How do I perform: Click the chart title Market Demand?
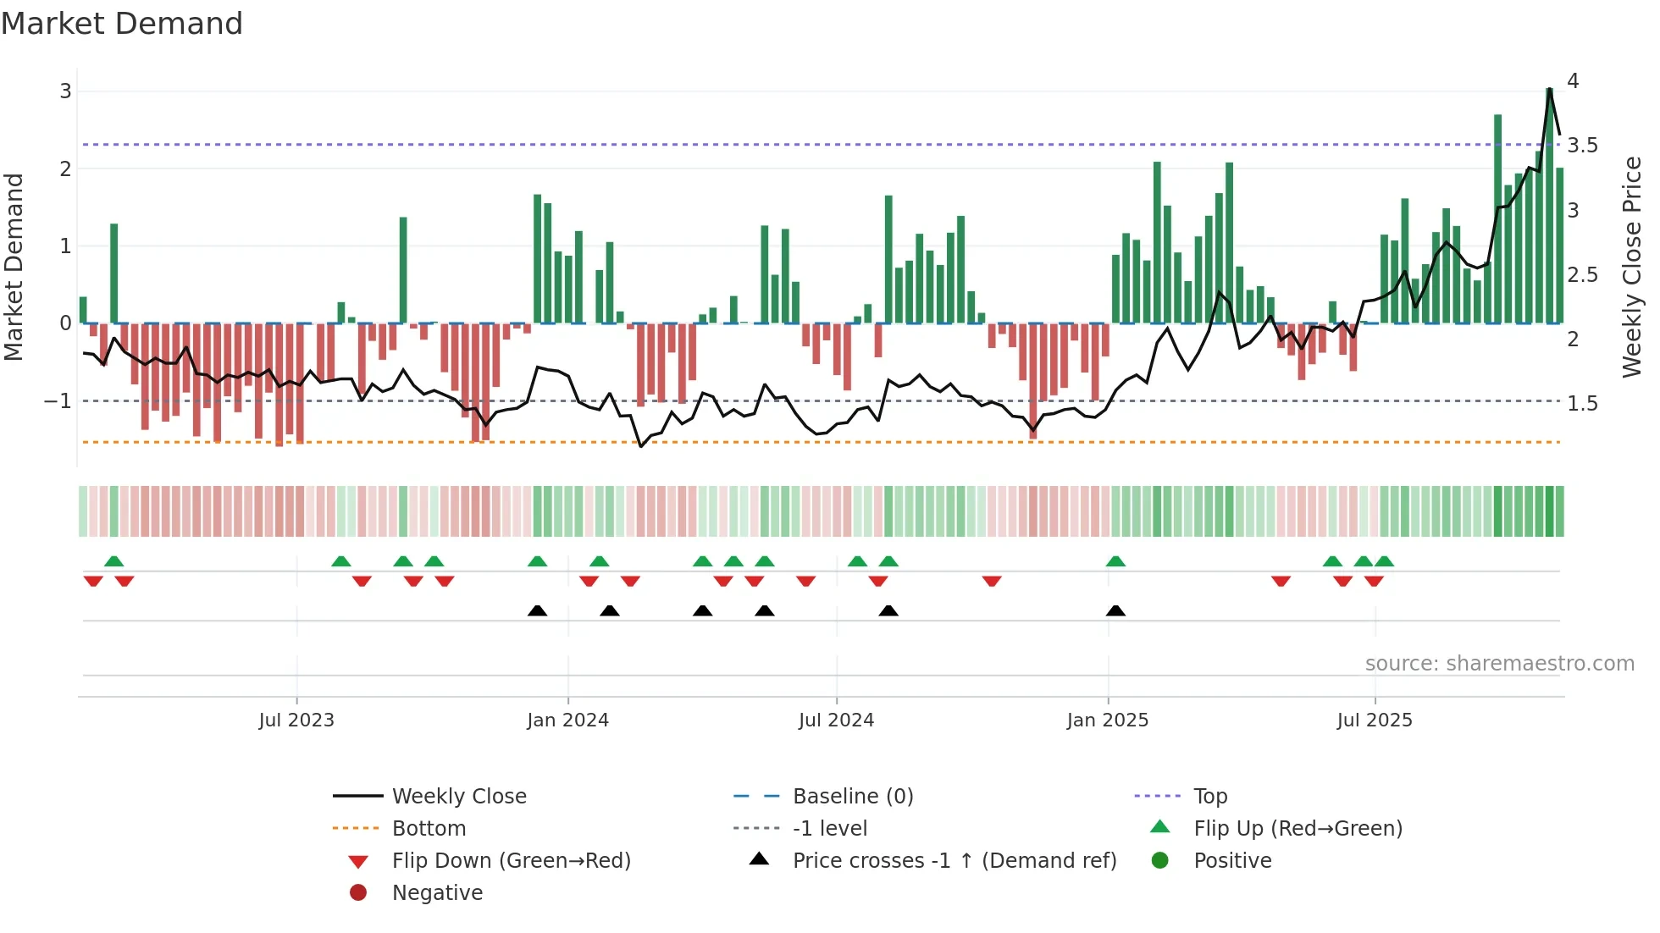122,24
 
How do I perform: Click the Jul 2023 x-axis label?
296,720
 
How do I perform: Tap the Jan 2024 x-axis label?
567,720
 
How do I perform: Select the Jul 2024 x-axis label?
836,720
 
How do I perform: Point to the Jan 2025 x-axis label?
1108,720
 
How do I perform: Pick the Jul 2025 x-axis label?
1375,720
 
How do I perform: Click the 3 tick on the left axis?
65,91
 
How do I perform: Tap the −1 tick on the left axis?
58,401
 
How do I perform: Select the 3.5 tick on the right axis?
1582,146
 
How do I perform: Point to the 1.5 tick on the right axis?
1582,404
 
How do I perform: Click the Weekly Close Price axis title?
1632,267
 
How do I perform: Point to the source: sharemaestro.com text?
1499,664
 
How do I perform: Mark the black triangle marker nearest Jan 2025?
1115,611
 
